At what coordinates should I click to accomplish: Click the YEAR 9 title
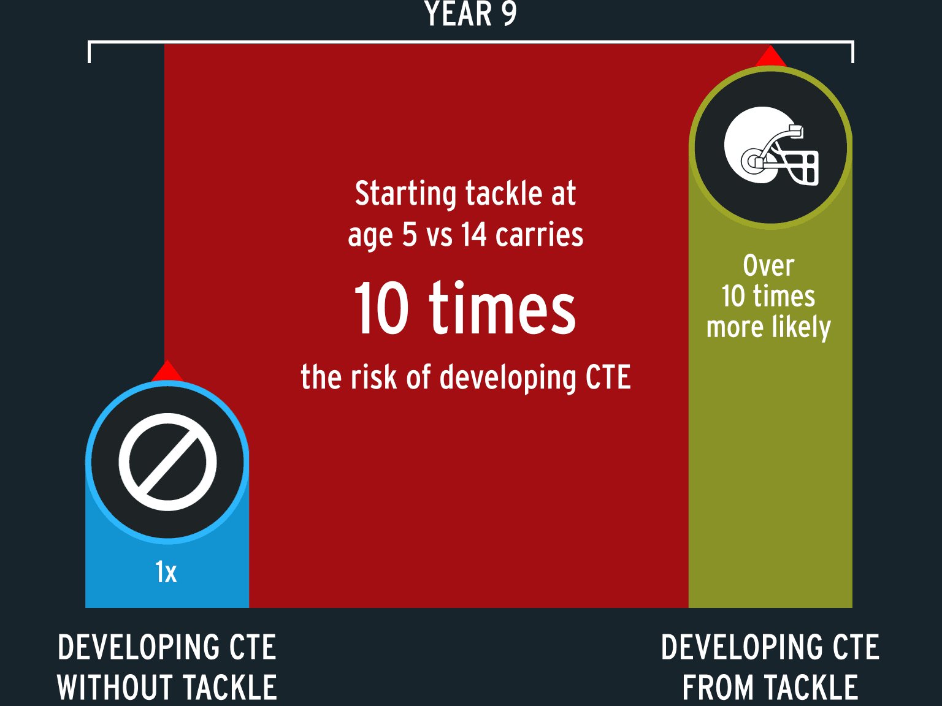point(471,13)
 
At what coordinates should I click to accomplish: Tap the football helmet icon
point(771,146)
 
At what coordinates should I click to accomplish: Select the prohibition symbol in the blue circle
point(167,461)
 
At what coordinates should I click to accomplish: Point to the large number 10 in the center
point(381,308)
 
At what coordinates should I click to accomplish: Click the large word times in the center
point(502,307)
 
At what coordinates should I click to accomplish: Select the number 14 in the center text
point(474,235)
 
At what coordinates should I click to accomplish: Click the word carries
point(540,235)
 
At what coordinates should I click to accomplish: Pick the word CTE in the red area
point(608,377)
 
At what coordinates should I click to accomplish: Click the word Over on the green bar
point(768,266)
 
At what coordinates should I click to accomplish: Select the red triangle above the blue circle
point(167,371)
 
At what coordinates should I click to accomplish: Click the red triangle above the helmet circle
point(770,56)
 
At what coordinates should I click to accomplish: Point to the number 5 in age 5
point(410,235)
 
